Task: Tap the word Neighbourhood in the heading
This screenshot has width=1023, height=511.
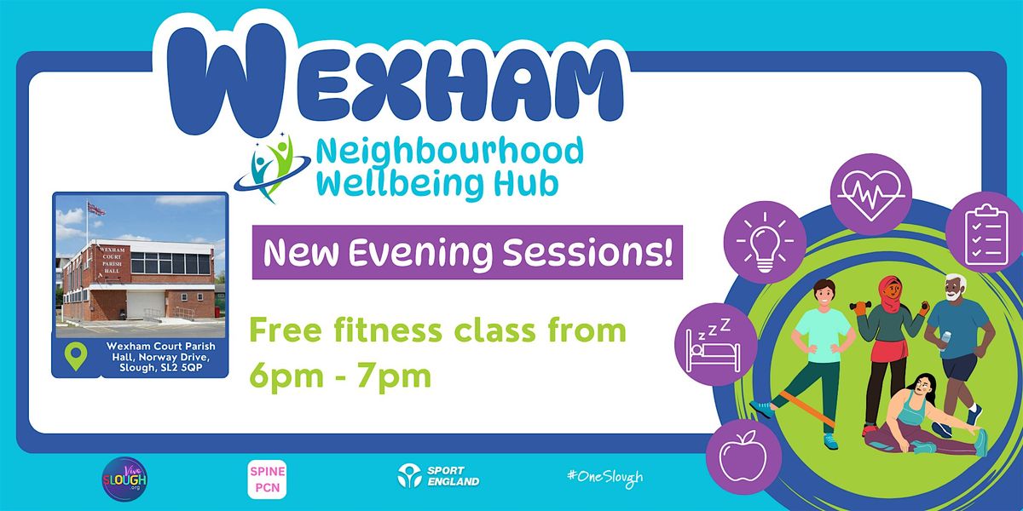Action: (x=449, y=152)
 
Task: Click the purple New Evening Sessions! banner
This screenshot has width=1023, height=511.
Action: (x=467, y=253)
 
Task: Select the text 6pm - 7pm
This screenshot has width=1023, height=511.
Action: (x=341, y=375)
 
